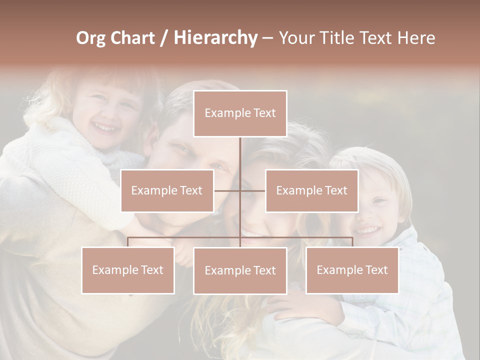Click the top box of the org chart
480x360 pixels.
pyautogui.click(x=240, y=113)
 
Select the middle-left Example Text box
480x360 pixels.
pyautogui.click(x=167, y=190)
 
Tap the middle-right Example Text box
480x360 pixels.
pyautogui.click(x=311, y=190)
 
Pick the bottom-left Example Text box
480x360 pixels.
pyautogui.click(x=128, y=270)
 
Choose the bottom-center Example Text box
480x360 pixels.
pyautogui.click(x=240, y=270)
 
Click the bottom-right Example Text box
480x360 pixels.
pyautogui.click(x=352, y=270)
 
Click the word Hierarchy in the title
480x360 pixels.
pyautogui.click(x=215, y=38)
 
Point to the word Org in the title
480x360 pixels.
pyautogui.click(x=90, y=38)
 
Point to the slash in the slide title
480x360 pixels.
pyautogui.click(x=164, y=38)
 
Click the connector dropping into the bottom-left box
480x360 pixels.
pyautogui.click(x=128, y=242)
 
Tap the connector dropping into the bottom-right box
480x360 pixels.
pyautogui.click(x=352, y=242)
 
